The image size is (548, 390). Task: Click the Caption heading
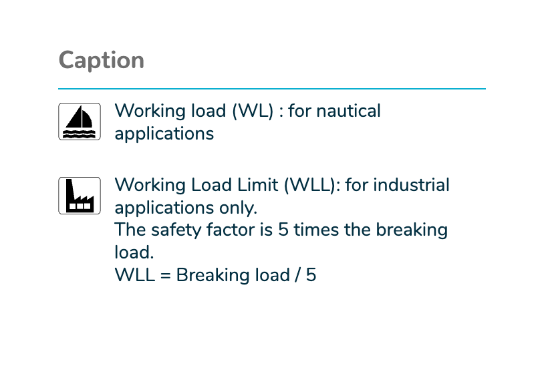click(x=102, y=60)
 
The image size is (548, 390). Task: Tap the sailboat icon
click(x=80, y=122)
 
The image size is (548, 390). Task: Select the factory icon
click(x=80, y=196)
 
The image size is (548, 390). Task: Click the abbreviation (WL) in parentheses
click(x=253, y=111)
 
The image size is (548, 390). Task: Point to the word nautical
click(x=348, y=111)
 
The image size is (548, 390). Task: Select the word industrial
click(x=412, y=185)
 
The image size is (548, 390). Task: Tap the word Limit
click(x=257, y=185)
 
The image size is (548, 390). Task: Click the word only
click(x=238, y=208)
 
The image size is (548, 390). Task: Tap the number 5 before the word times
click(x=283, y=230)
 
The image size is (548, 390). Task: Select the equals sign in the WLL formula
click(x=166, y=275)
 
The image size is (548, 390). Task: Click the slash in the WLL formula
click(x=297, y=275)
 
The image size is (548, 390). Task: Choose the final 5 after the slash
click(x=311, y=275)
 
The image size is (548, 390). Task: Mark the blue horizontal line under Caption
click(x=272, y=89)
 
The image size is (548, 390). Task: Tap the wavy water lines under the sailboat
click(x=79, y=134)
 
